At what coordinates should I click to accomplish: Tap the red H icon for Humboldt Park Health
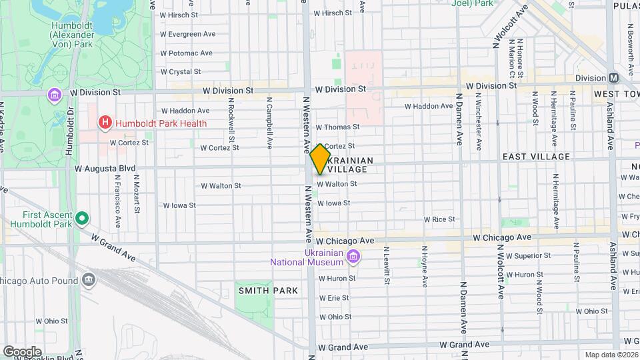pos(103,123)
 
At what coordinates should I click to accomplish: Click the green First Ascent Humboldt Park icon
pos(82,218)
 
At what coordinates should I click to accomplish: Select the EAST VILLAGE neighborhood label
pos(536,157)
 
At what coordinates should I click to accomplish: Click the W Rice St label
pos(439,219)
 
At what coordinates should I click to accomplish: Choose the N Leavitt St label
pos(386,266)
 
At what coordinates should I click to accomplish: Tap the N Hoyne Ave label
pos(424,266)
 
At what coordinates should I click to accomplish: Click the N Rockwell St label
pos(231,125)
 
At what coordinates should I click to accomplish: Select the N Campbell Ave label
pos(269,125)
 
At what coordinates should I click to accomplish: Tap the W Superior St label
pos(528,255)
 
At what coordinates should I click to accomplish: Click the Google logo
pos(22,351)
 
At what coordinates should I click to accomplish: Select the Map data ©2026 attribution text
pos(611,355)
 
